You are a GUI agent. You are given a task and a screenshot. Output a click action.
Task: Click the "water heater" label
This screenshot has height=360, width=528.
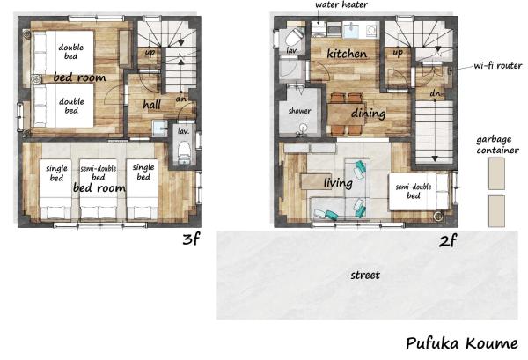[x=341, y=4]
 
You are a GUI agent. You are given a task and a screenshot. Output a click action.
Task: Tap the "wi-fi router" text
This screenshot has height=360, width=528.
[x=498, y=65]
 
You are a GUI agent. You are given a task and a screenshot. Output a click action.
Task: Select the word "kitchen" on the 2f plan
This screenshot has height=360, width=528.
[x=347, y=54]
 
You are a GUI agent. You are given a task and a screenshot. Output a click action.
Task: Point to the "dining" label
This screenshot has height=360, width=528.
[x=369, y=114]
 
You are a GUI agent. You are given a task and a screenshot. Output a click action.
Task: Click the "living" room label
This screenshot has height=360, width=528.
[x=338, y=182]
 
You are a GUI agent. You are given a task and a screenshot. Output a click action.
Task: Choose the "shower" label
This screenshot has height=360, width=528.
[x=299, y=110]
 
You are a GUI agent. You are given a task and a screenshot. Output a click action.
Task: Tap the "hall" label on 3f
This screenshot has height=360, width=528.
[x=151, y=105]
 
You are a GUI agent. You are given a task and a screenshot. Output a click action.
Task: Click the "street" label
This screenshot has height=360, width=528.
[x=365, y=276]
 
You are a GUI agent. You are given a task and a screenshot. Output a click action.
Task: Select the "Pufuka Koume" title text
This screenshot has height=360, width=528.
[x=462, y=343]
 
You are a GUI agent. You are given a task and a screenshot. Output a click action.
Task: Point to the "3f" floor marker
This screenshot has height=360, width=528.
[x=191, y=239]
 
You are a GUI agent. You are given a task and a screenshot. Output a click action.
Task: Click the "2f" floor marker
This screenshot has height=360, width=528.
[x=448, y=241]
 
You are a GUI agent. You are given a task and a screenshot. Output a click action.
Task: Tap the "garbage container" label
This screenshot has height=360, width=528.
[x=497, y=145]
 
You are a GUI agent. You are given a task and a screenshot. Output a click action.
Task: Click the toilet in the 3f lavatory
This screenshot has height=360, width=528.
[x=184, y=152]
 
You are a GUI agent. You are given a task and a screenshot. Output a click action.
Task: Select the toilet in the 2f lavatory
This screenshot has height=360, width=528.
[x=295, y=36]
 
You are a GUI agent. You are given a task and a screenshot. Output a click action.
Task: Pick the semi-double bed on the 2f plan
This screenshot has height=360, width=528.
[x=420, y=192]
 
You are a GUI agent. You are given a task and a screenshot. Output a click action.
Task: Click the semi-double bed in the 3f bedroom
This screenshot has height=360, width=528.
[x=99, y=189]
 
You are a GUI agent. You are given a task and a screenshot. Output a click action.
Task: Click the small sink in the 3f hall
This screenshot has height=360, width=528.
[x=159, y=129]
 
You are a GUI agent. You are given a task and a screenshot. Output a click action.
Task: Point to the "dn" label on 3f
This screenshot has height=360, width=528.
[x=181, y=99]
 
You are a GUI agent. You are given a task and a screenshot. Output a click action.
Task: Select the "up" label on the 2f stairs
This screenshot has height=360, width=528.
[x=398, y=53]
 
